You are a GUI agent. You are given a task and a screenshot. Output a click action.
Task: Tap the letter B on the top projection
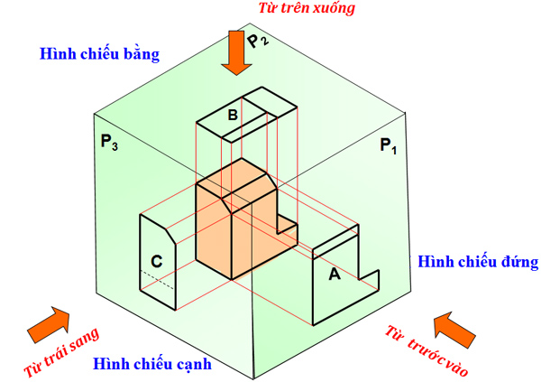(232, 116)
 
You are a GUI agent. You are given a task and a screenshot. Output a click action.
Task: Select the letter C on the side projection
(156, 262)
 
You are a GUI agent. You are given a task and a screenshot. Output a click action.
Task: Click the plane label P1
(388, 145)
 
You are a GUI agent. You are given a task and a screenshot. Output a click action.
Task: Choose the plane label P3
(109, 142)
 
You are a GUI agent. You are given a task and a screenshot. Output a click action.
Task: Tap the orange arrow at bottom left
(49, 322)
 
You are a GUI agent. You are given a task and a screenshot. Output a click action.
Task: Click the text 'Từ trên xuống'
(307, 9)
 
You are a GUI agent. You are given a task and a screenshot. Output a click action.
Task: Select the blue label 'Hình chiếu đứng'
(478, 263)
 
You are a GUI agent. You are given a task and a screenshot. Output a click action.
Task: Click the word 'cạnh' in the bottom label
(191, 366)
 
